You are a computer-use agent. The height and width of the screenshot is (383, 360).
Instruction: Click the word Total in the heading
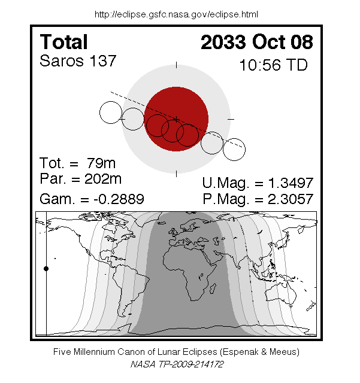pos(63,42)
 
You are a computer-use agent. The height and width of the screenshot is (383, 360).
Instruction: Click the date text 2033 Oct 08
pos(257,42)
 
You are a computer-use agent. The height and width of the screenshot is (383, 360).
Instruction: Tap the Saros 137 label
pos(77,61)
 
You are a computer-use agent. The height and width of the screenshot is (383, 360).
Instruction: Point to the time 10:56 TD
pos(273,65)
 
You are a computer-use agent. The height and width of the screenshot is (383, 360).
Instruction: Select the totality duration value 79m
pos(98,163)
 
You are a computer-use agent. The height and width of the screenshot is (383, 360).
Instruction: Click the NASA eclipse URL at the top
pos(177,14)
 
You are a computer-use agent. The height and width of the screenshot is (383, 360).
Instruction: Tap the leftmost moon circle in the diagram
pos(111,113)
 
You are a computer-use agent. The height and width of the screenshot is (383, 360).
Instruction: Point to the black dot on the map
pos(46,269)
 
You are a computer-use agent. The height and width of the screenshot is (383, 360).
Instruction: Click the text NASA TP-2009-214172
pos(177,363)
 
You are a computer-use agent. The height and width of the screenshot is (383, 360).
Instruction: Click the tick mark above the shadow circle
pos(177,64)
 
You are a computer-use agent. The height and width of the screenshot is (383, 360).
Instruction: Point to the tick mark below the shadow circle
pos(177,174)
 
